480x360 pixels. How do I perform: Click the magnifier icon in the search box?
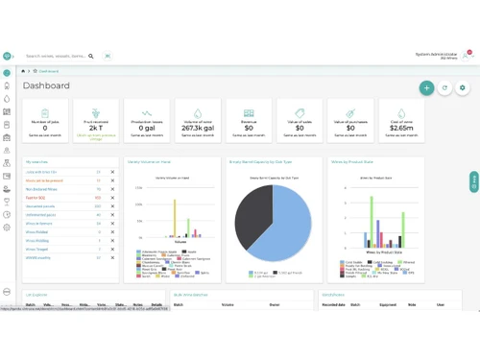point(91,57)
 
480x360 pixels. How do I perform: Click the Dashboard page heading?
point(46,86)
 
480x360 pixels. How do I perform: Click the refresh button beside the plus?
point(444,88)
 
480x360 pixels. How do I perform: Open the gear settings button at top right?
point(463,88)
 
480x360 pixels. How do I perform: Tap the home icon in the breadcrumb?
point(25,71)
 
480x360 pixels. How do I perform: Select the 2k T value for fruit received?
point(96,127)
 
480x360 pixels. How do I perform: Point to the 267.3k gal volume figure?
point(198,127)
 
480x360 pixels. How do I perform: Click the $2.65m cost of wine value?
point(402,127)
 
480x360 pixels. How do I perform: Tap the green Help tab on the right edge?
point(474,180)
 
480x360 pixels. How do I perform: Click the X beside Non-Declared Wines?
point(112,189)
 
